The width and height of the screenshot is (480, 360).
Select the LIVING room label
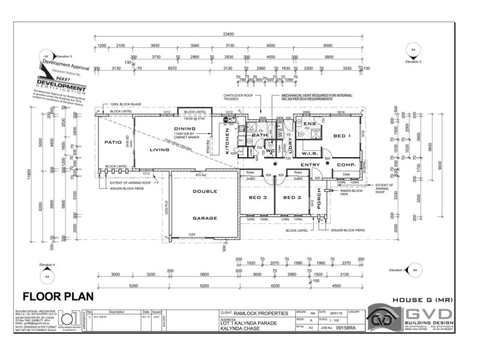click(159, 150)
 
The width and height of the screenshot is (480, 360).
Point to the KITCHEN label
click(227, 142)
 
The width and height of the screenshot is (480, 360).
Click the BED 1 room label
click(341, 136)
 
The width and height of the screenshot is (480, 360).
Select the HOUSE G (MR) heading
click(423, 298)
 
